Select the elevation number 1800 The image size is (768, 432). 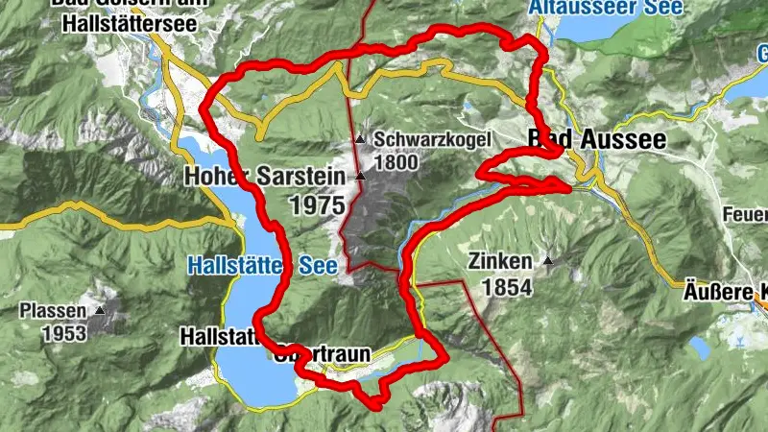pos(396,161)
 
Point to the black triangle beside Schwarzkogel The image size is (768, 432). pos(360,140)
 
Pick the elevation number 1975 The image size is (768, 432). pos(317,204)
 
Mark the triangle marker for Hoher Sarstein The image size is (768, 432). pos(360,177)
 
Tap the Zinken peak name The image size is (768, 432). pos(498,260)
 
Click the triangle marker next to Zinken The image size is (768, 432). pos(548,260)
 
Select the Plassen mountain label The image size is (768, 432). pos(53,311)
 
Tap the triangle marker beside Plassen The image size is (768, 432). pos(100,310)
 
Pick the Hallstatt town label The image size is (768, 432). pos(219,336)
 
